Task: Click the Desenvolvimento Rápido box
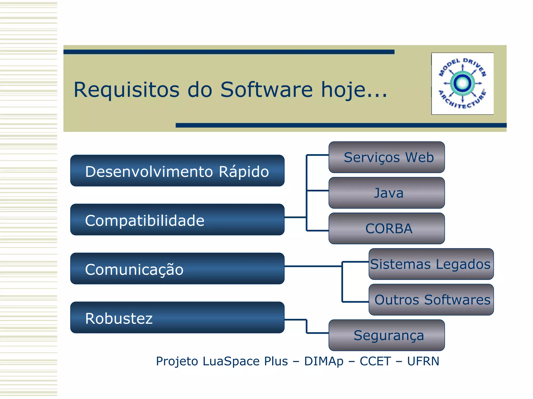(177, 171)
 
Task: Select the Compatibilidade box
(177, 220)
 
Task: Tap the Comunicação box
(177, 268)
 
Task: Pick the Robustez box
(177, 317)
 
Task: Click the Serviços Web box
(386, 157)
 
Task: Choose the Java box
(386, 193)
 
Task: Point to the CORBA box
(386, 228)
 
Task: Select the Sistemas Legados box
(431, 264)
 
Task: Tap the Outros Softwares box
(431, 300)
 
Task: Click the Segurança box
(386, 335)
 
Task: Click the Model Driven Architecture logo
(462, 83)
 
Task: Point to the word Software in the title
(266, 90)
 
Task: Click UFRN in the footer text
(423, 361)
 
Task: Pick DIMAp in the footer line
(324, 361)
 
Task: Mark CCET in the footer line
(375, 361)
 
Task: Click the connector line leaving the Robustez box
(296, 319)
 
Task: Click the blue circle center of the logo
(462, 83)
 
